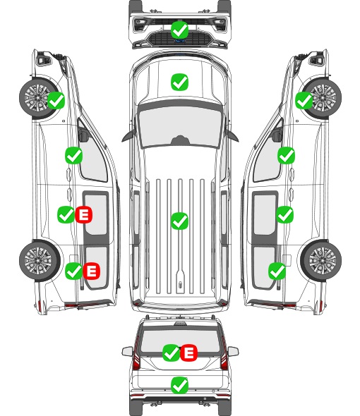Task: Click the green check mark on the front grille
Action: (x=179, y=30)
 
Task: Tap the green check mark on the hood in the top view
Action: (x=179, y=82)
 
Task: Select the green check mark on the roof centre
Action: (x=179, y=221)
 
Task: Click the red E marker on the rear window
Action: (x=188, y=353)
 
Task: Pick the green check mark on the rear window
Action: (x=171, y=353)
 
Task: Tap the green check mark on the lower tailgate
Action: (x=179, y=385)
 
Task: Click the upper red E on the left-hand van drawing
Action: (x=84, y=214)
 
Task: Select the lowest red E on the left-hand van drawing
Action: (x=91, y=271)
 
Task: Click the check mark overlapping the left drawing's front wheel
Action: (x=56, y=100)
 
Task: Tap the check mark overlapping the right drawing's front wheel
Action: (x=304, y=100)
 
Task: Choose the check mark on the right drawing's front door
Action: (x=286, y=155)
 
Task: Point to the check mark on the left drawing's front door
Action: (x=73, y=155)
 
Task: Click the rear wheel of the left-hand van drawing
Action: (x=40, y=260)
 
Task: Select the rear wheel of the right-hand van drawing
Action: (x=321, y=260)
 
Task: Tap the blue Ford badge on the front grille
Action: (x=180, y=41)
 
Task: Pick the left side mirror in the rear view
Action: (x=127, y=352)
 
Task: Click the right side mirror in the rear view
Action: (x=233, y=352)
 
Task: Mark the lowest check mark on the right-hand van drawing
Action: (x=277, y=271)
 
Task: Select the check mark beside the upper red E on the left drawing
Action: (x=66, y=214)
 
